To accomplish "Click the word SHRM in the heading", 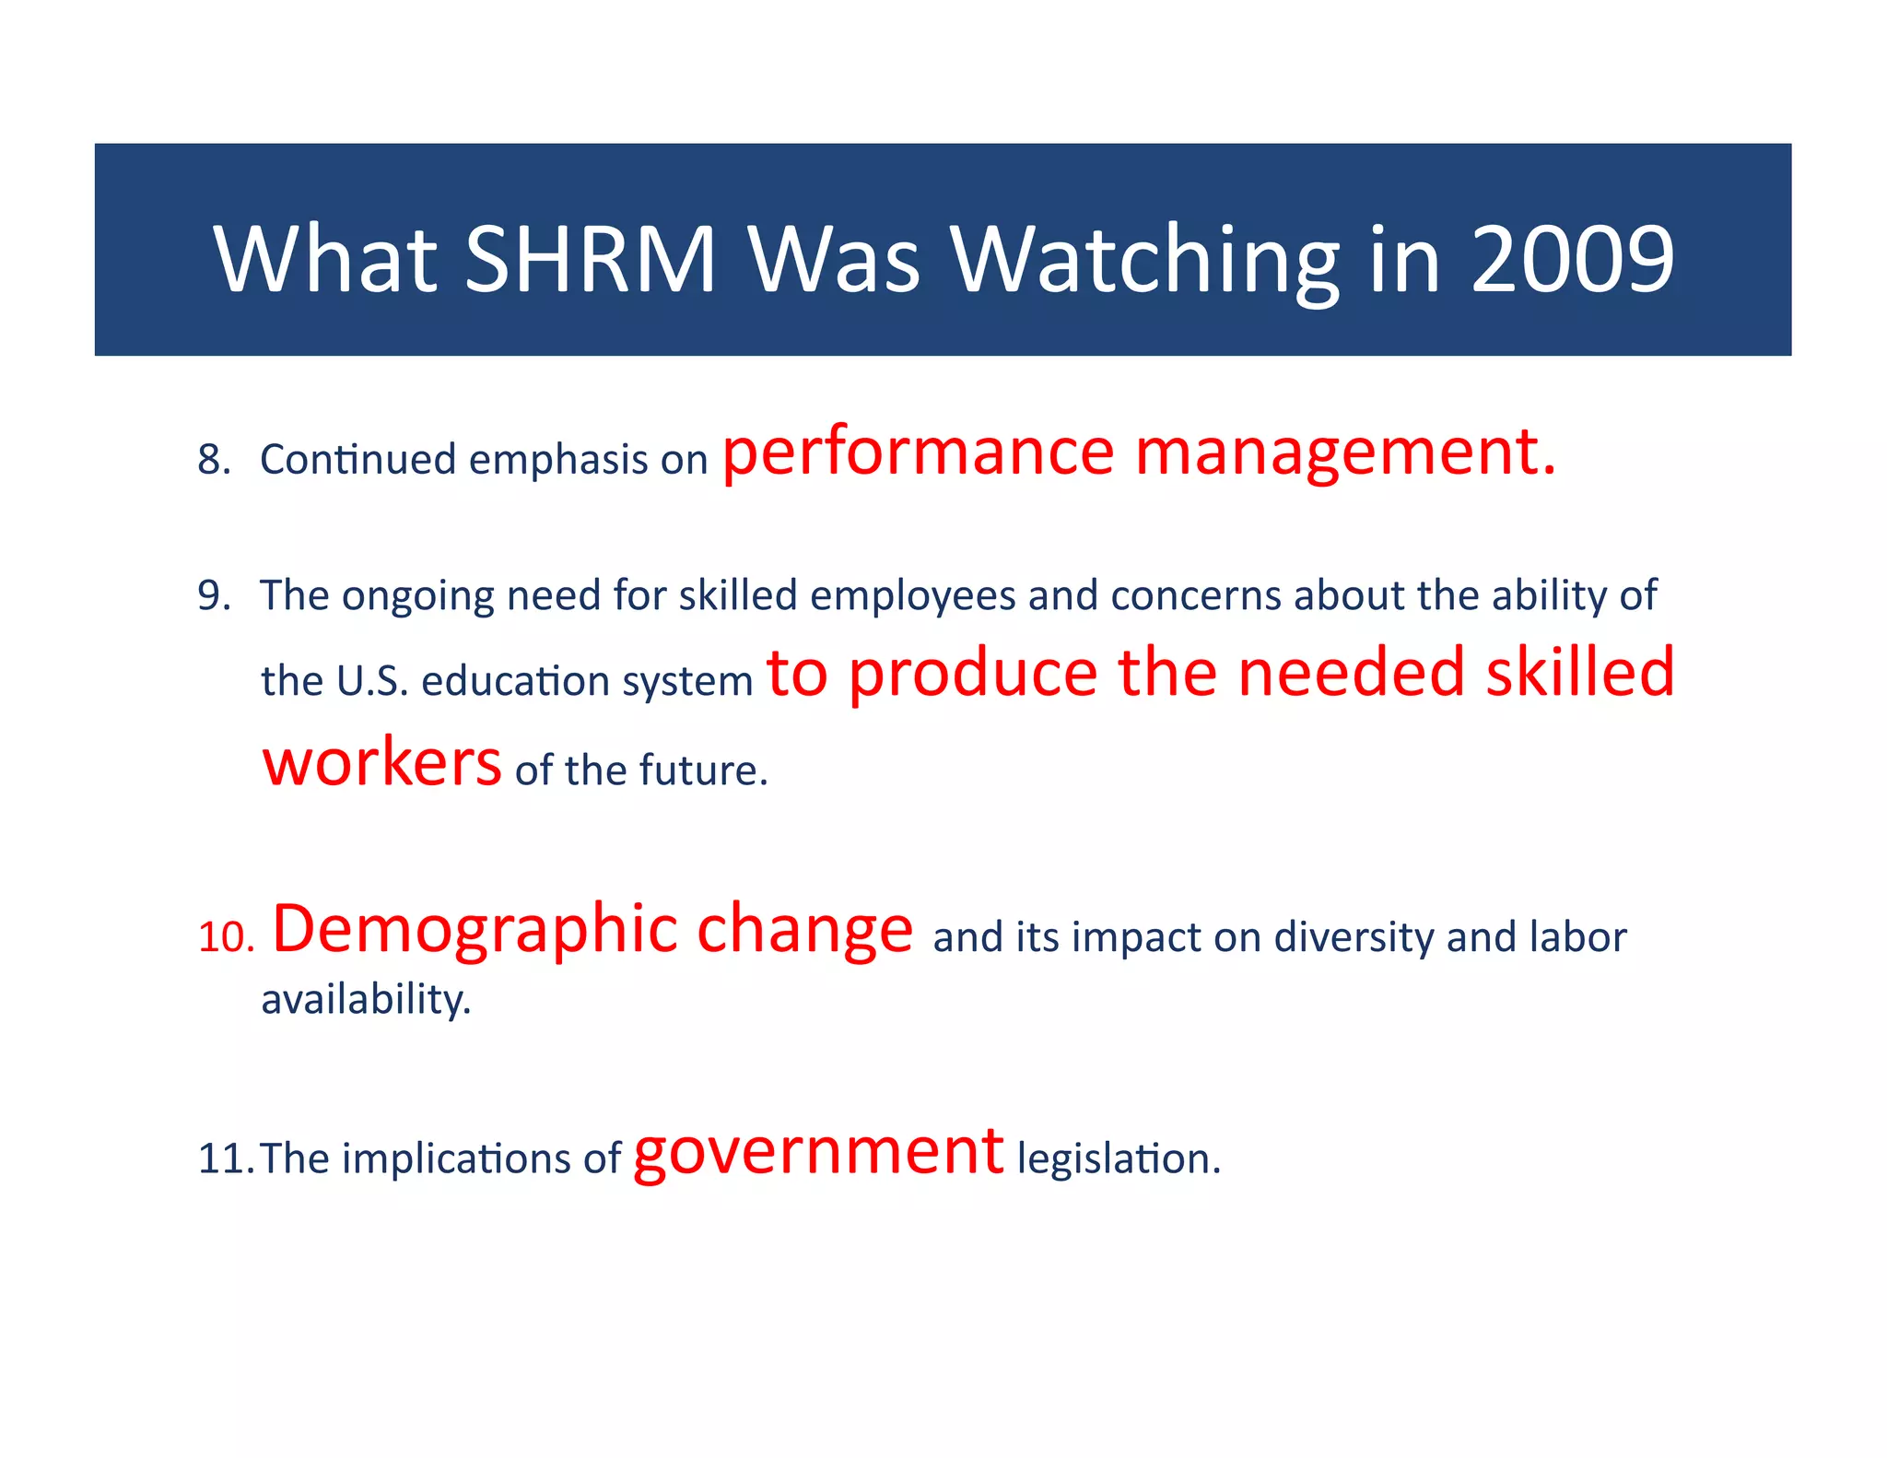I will tap(590, 260).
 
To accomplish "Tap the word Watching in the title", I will tap(1144, 262).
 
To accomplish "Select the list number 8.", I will tap(214, 459).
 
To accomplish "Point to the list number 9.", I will tap(214, 595).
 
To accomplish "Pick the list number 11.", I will tap(224, 1158).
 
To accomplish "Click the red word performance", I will tap(918, 453).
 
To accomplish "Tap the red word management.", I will tap(1345, 453).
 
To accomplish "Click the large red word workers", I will tap(381, 763).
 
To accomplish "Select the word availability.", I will tap(366, 1000).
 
